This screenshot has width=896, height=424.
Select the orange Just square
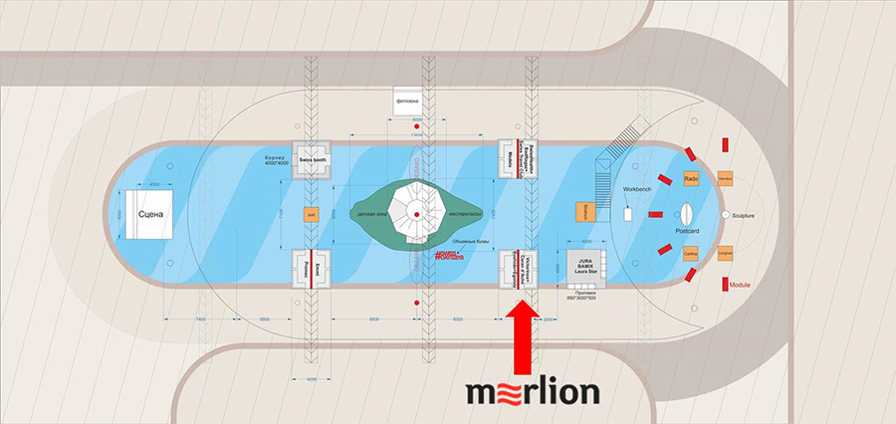click(x=311, y=214)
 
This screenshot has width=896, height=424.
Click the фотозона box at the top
click(x=409, y=103)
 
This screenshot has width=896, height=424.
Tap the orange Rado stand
click(x=692, y=178)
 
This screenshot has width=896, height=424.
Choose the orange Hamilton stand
click(x=725, y=179)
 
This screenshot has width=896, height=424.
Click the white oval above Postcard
click(x=686, y=213)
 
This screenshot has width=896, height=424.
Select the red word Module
click(x=740, y=285)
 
